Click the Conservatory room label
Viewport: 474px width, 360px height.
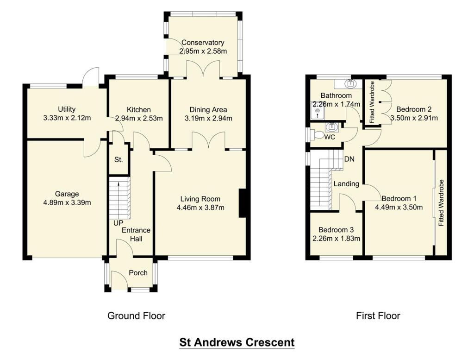203,43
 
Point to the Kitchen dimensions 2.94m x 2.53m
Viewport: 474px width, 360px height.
139,118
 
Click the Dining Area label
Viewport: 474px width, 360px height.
208,110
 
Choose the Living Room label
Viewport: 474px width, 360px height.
200,199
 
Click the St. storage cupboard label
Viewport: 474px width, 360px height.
118,160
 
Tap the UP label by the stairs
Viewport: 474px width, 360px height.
118,223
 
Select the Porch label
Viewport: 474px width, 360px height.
138,272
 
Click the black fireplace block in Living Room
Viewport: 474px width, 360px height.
242,203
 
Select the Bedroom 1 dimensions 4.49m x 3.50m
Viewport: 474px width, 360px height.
399,207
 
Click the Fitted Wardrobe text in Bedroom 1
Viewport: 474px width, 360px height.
441,202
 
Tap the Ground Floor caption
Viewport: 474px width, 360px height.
136,316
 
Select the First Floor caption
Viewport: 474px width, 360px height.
378,316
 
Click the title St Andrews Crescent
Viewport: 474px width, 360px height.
237,343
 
